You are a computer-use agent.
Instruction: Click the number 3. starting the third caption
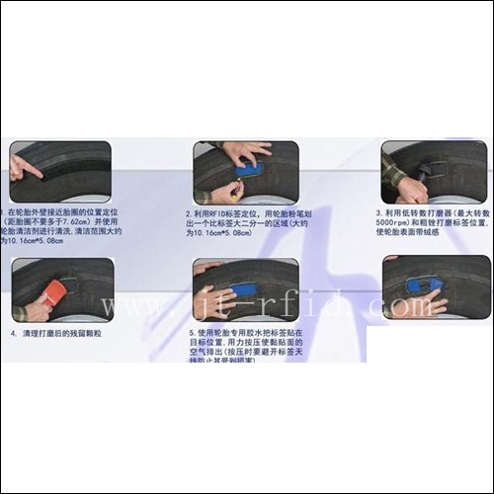pos(378,212)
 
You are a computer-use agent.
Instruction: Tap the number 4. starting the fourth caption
pos(14,334)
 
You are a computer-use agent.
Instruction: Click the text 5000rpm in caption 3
pos(393,223)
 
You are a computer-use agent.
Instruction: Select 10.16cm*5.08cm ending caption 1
pos(36,242)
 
